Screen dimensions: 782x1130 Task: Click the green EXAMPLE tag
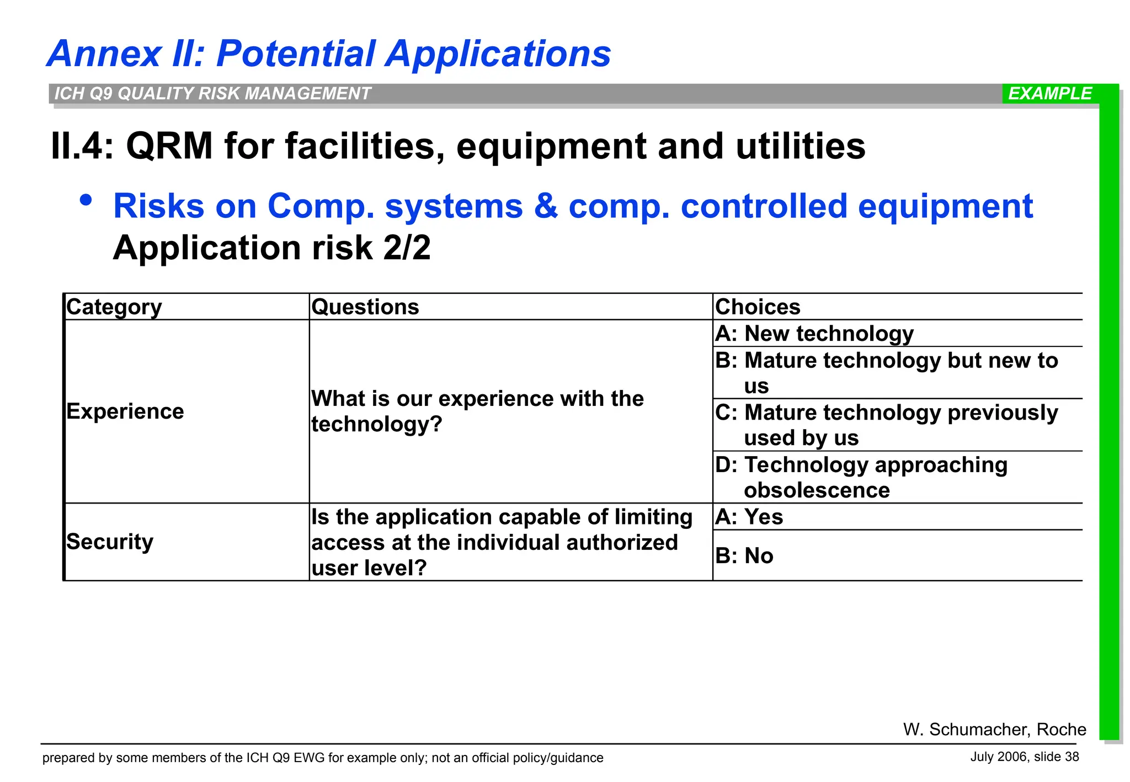1049,94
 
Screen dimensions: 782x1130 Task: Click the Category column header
114,307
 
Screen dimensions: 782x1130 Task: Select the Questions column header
365,307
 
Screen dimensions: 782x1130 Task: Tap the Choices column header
758,307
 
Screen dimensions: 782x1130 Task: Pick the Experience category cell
125,411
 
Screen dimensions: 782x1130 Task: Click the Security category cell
110,542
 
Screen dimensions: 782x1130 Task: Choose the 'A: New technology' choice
814,334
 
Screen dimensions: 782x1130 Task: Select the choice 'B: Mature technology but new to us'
886,373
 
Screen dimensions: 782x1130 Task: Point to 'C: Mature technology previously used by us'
886,425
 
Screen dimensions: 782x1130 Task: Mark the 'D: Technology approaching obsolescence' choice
861,477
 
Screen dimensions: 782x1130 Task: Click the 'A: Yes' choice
749,517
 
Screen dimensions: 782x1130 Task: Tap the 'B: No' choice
744,556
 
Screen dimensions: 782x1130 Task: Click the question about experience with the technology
477,411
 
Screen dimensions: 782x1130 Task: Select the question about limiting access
501,542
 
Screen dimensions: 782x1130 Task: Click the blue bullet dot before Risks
86,201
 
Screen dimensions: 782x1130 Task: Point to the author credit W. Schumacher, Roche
994,729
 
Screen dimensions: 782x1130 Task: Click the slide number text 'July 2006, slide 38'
1024,757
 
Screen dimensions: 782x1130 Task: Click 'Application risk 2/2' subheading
271,248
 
